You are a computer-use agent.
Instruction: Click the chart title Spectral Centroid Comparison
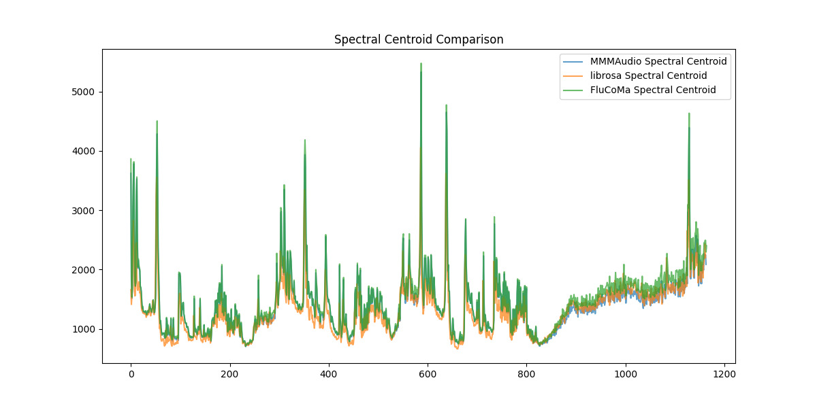[419, 39]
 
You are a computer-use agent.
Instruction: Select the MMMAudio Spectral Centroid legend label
[658, 61]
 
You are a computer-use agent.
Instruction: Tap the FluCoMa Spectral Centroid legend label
[653, 90]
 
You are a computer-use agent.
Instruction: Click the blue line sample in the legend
[573, 61]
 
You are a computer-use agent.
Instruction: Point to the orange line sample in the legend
[573, 75]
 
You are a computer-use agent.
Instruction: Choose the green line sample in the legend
[573, 90]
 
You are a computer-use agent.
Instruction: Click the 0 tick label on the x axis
[131, 373]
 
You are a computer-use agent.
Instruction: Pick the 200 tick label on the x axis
[229, 373]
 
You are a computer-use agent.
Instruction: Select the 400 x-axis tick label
[329, 373]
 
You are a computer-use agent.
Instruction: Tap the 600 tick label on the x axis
[428, 373]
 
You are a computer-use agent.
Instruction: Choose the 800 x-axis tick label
[526, 373]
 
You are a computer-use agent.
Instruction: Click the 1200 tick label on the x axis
[724, 373]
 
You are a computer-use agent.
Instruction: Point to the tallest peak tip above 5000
[421, 64]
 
